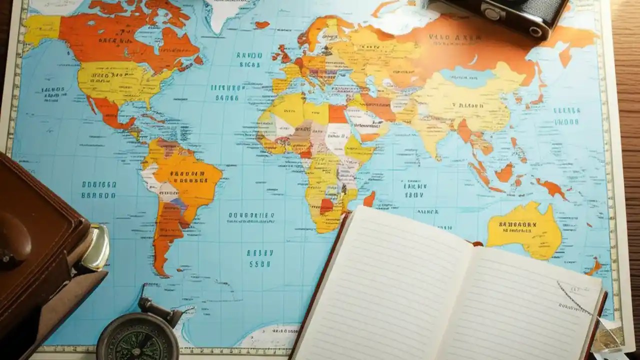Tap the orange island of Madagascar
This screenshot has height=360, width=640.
point(369,199)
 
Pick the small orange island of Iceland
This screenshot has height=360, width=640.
point(262,24)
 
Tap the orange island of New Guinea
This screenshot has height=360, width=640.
point(550,187)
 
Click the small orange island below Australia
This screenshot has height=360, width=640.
point(593,267)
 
